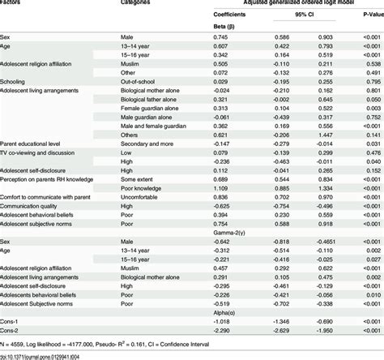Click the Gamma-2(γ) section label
pos(234,231)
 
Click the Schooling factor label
pos(17,81)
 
